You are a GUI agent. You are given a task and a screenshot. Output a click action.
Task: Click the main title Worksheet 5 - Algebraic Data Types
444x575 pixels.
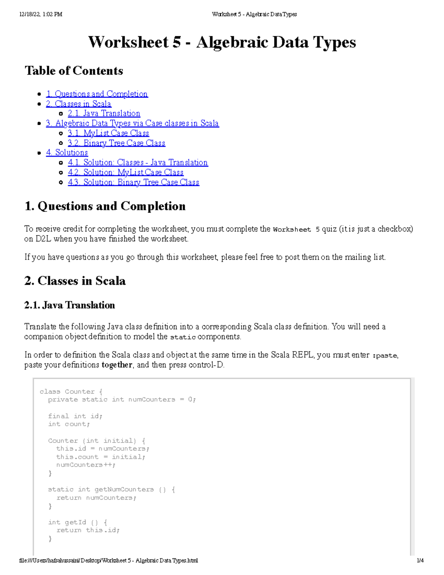222,42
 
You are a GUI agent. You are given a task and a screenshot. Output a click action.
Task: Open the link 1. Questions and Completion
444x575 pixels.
97,94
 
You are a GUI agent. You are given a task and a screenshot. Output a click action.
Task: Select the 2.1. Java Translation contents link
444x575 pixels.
104,114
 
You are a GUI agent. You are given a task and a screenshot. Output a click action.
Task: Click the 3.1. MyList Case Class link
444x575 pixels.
108,133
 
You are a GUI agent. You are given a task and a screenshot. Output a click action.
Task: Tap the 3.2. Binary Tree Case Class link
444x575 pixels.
117,143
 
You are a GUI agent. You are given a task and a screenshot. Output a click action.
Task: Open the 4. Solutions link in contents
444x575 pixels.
67,153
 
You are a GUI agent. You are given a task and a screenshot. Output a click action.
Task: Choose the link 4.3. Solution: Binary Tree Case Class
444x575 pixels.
134,183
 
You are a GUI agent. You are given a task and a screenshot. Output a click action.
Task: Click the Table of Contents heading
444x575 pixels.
74,71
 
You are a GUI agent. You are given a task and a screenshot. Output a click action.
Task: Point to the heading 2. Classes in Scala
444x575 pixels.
75,281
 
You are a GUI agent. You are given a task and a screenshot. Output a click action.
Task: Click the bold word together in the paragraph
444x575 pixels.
117,365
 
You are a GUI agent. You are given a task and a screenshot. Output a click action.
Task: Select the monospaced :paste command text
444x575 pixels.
385,355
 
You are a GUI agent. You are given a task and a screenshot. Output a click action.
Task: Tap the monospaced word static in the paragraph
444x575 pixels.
183,337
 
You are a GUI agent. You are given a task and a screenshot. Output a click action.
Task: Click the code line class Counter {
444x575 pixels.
71,392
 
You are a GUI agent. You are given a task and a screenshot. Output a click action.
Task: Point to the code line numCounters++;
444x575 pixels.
86,465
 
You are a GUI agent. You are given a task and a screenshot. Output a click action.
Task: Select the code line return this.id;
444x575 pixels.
88,531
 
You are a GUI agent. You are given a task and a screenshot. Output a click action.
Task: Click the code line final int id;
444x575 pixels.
75,416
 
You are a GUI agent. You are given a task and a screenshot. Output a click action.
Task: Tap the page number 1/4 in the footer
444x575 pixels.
420,561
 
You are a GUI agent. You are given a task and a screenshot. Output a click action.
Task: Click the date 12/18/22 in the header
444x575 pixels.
30,14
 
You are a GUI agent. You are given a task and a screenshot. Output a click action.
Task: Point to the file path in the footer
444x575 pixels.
108,561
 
